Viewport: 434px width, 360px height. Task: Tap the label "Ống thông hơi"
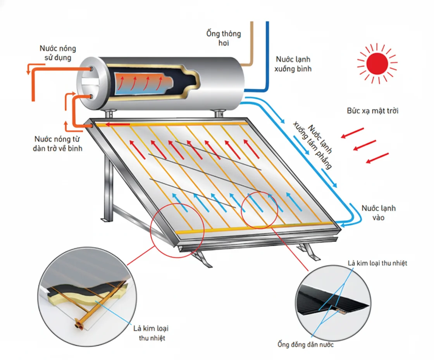coord(223,38)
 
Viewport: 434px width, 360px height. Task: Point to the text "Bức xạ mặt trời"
coord(372,111)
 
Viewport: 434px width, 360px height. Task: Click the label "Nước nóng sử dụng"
coord(58,53)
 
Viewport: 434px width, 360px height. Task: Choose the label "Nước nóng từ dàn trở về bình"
coord(59,143)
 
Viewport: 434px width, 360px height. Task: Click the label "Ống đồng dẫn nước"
coord(305,344)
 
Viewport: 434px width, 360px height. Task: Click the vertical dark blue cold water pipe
coord(267,54)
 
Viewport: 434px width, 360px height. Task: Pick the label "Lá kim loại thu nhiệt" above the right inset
coord(377,263)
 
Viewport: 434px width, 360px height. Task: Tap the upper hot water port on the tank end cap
coord(91,69)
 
